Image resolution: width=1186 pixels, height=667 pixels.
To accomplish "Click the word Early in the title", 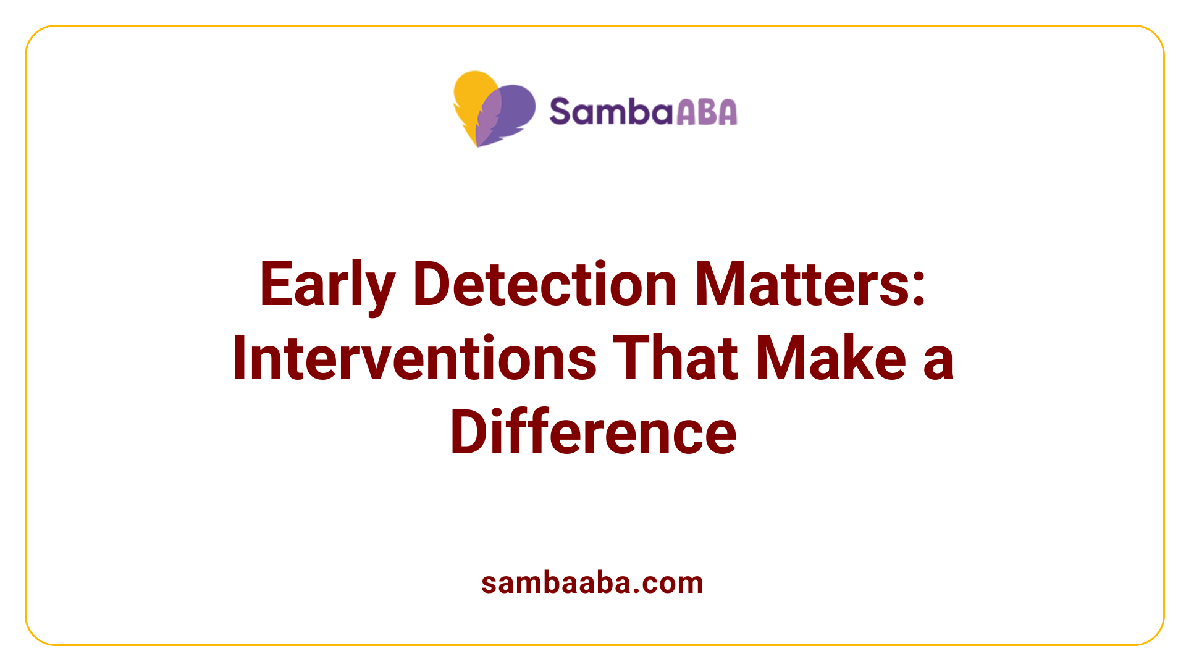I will click(x=327, y=285).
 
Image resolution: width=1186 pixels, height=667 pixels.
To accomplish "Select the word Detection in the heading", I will click(x=545, y=284).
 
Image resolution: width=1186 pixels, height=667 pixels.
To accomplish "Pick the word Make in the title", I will click(x=831, y=358).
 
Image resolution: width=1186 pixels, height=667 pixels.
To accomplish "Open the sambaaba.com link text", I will click(x=592, y=583).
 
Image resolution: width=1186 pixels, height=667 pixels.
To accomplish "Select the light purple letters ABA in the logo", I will click(x=707, y=112).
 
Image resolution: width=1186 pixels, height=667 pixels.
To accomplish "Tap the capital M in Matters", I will click(x=718, y=284).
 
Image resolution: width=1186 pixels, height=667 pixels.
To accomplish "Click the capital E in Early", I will click(x=274, y=284).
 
